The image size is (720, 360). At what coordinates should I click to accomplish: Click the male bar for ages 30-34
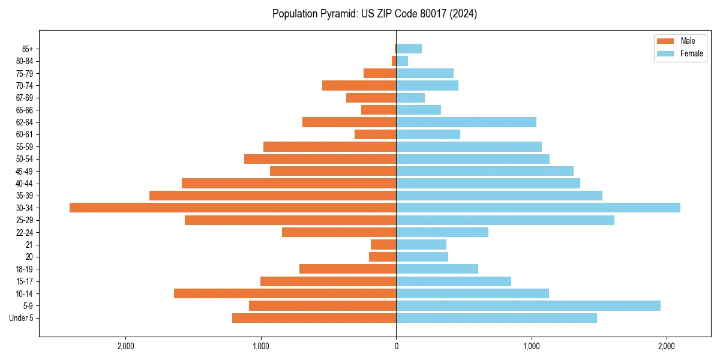[233, 208]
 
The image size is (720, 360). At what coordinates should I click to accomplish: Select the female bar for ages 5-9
[528, 305]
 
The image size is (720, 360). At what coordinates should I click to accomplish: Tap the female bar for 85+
[409, 49]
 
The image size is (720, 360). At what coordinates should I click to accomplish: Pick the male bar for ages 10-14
[285, 293]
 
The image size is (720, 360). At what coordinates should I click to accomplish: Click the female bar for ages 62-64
[466, 122]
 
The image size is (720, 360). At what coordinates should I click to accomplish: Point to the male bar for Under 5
[314, 318]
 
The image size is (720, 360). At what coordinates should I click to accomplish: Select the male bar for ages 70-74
[359, 85]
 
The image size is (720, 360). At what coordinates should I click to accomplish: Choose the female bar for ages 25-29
[505, 220]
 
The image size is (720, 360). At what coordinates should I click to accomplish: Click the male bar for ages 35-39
[272, 196]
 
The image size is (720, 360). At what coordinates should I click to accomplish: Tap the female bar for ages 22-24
[442, 232]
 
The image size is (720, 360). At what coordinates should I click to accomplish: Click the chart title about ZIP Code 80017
[374, 14]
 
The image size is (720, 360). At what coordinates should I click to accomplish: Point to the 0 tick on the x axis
[396, 346]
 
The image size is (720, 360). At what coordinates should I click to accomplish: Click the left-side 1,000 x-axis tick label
[261, 346]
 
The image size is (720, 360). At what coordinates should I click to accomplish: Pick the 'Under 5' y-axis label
[21, 318]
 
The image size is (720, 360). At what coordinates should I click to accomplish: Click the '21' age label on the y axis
[29, 245]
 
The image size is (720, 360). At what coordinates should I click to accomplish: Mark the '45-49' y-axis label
[25, 171]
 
